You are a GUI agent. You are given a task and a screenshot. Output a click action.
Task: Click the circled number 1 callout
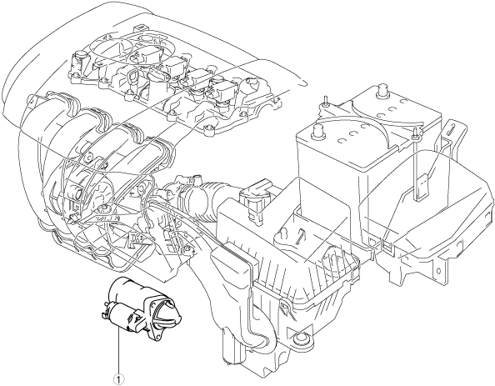pos(120,379)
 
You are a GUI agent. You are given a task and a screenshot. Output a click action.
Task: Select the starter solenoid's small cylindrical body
pos(121,316)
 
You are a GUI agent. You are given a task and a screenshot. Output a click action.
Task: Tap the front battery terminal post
pos(317,131)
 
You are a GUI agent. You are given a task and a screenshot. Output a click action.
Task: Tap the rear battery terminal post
pos(383,88)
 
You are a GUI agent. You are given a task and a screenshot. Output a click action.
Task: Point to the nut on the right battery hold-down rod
pos(415,134)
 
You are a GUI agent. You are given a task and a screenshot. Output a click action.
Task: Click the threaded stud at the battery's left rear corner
pos(325,101)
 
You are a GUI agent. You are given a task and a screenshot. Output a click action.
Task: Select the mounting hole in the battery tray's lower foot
pos(438,271)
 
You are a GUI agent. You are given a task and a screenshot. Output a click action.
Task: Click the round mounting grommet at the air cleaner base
pos(298,339)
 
